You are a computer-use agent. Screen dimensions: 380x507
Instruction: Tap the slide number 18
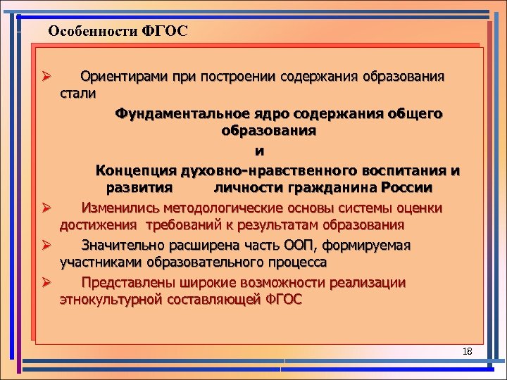468,351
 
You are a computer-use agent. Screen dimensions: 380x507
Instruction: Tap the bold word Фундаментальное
182,113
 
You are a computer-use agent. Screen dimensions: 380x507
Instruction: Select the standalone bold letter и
260,151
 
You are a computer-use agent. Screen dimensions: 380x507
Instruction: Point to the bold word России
406,189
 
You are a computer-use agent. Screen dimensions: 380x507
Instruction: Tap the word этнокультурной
111,300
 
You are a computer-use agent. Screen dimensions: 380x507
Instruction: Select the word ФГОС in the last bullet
284,300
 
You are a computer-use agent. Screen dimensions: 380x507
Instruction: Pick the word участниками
101,262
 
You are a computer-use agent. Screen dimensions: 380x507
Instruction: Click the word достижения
100,225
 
